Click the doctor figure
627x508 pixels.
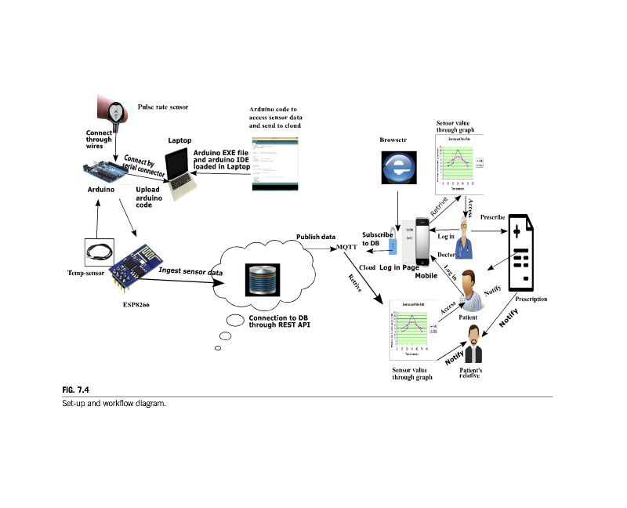(466, 239)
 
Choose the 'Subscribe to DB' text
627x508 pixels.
(377, 239)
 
